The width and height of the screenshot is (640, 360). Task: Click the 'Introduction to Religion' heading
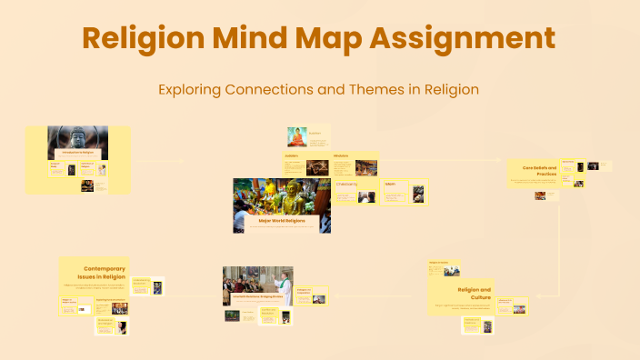[x=77, y=154]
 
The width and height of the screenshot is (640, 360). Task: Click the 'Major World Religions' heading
[x=282, y=221]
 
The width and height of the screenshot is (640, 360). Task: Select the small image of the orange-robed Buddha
[x=297, y=136]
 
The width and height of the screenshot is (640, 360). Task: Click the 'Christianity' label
[x=347, y=185]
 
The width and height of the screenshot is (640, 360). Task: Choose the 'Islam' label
[x=390, y=184]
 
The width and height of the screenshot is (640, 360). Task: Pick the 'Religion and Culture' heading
[x=474, y=293]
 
